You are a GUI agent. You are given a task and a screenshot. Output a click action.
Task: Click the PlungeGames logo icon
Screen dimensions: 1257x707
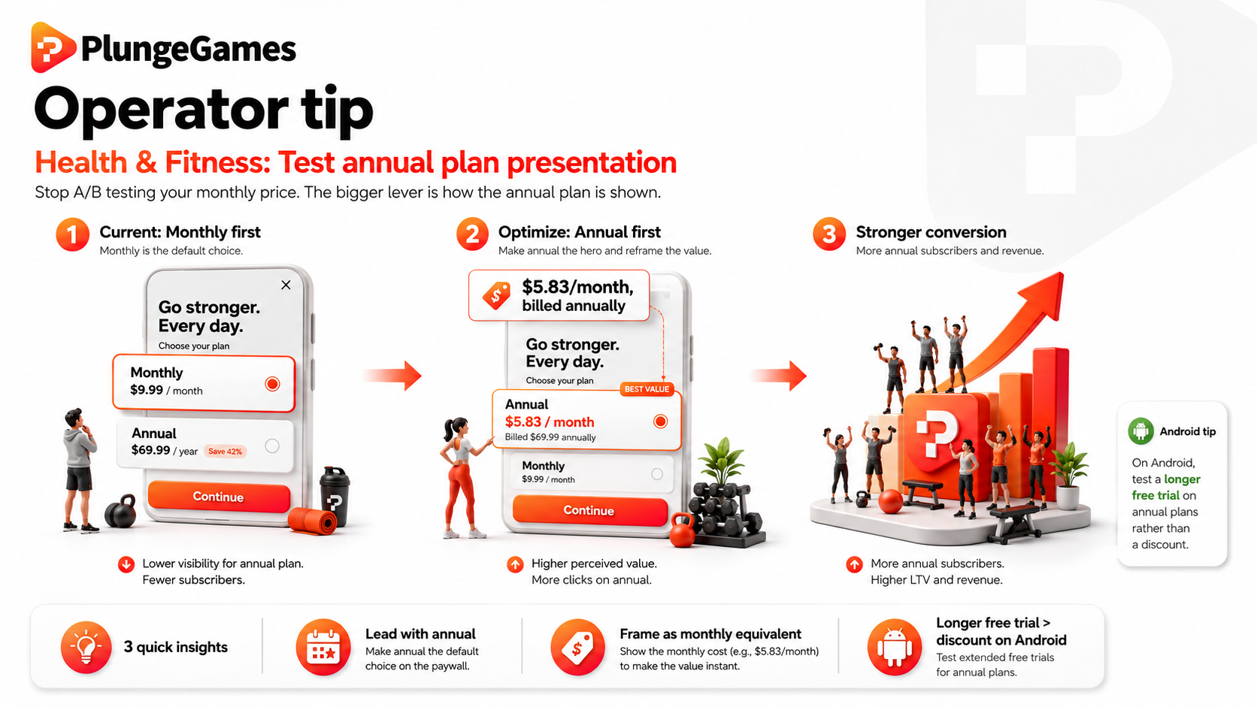tap(53, 47)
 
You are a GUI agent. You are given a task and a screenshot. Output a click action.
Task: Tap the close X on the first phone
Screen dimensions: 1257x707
tap(286, 285)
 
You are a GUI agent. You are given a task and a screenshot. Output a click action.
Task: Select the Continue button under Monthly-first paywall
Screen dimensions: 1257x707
tap(219, 497)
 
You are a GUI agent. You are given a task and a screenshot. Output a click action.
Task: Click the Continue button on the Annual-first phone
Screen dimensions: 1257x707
tap(589, 510)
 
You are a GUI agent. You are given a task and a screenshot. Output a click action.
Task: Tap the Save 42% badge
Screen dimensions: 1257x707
tap(225, 451)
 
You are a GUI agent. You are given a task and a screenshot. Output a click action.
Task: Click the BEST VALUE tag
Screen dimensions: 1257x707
tap(647, 389)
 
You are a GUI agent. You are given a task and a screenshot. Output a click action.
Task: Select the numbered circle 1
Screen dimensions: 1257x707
tap(72, 234)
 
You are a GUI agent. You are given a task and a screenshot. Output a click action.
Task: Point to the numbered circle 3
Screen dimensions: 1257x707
tap(828, 234)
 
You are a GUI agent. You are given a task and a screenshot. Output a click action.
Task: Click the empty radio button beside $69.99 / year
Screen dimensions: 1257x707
tap(272, 446)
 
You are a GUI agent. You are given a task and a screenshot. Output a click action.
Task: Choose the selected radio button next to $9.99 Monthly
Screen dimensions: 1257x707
tap(272, 384)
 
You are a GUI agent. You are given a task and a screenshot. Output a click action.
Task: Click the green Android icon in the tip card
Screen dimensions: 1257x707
tap(1140, 431)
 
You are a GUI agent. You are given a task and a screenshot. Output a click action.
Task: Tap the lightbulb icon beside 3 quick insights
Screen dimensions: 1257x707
tap(86, 647)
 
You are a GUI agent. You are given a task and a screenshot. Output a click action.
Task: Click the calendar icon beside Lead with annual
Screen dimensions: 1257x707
tap(323, 647)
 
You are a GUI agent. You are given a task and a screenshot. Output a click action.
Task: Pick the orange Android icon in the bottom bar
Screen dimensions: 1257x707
tap(895, 647)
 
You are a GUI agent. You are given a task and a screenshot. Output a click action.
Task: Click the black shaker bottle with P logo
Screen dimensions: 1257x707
tap(335, 496)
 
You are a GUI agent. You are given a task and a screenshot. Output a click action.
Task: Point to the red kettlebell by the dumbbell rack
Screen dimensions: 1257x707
tap(683, 530)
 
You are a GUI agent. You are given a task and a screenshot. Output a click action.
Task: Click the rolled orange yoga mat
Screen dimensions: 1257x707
tap(313, 521)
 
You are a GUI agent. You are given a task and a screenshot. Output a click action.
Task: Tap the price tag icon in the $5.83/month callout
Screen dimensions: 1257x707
tap(497, 295)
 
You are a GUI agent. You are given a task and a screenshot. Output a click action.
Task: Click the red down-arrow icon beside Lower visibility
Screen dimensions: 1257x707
tap(126, 564)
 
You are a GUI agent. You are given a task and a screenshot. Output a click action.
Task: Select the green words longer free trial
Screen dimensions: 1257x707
tap(1166, 487)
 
